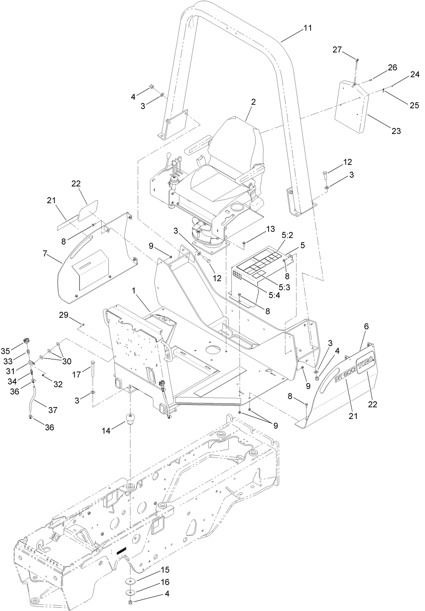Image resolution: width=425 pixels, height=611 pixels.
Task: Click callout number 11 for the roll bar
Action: (307, 28)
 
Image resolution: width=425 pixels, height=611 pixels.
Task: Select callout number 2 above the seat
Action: (253, 102)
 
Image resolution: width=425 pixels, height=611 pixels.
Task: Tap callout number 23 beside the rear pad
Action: (396, 131)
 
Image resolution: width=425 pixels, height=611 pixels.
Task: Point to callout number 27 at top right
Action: (337, 50)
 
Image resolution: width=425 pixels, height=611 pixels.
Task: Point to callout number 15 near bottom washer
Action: (165, 570)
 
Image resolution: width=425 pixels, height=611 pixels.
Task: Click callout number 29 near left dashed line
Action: (64, 316)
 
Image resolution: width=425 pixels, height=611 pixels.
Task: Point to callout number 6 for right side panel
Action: (366, 326)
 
